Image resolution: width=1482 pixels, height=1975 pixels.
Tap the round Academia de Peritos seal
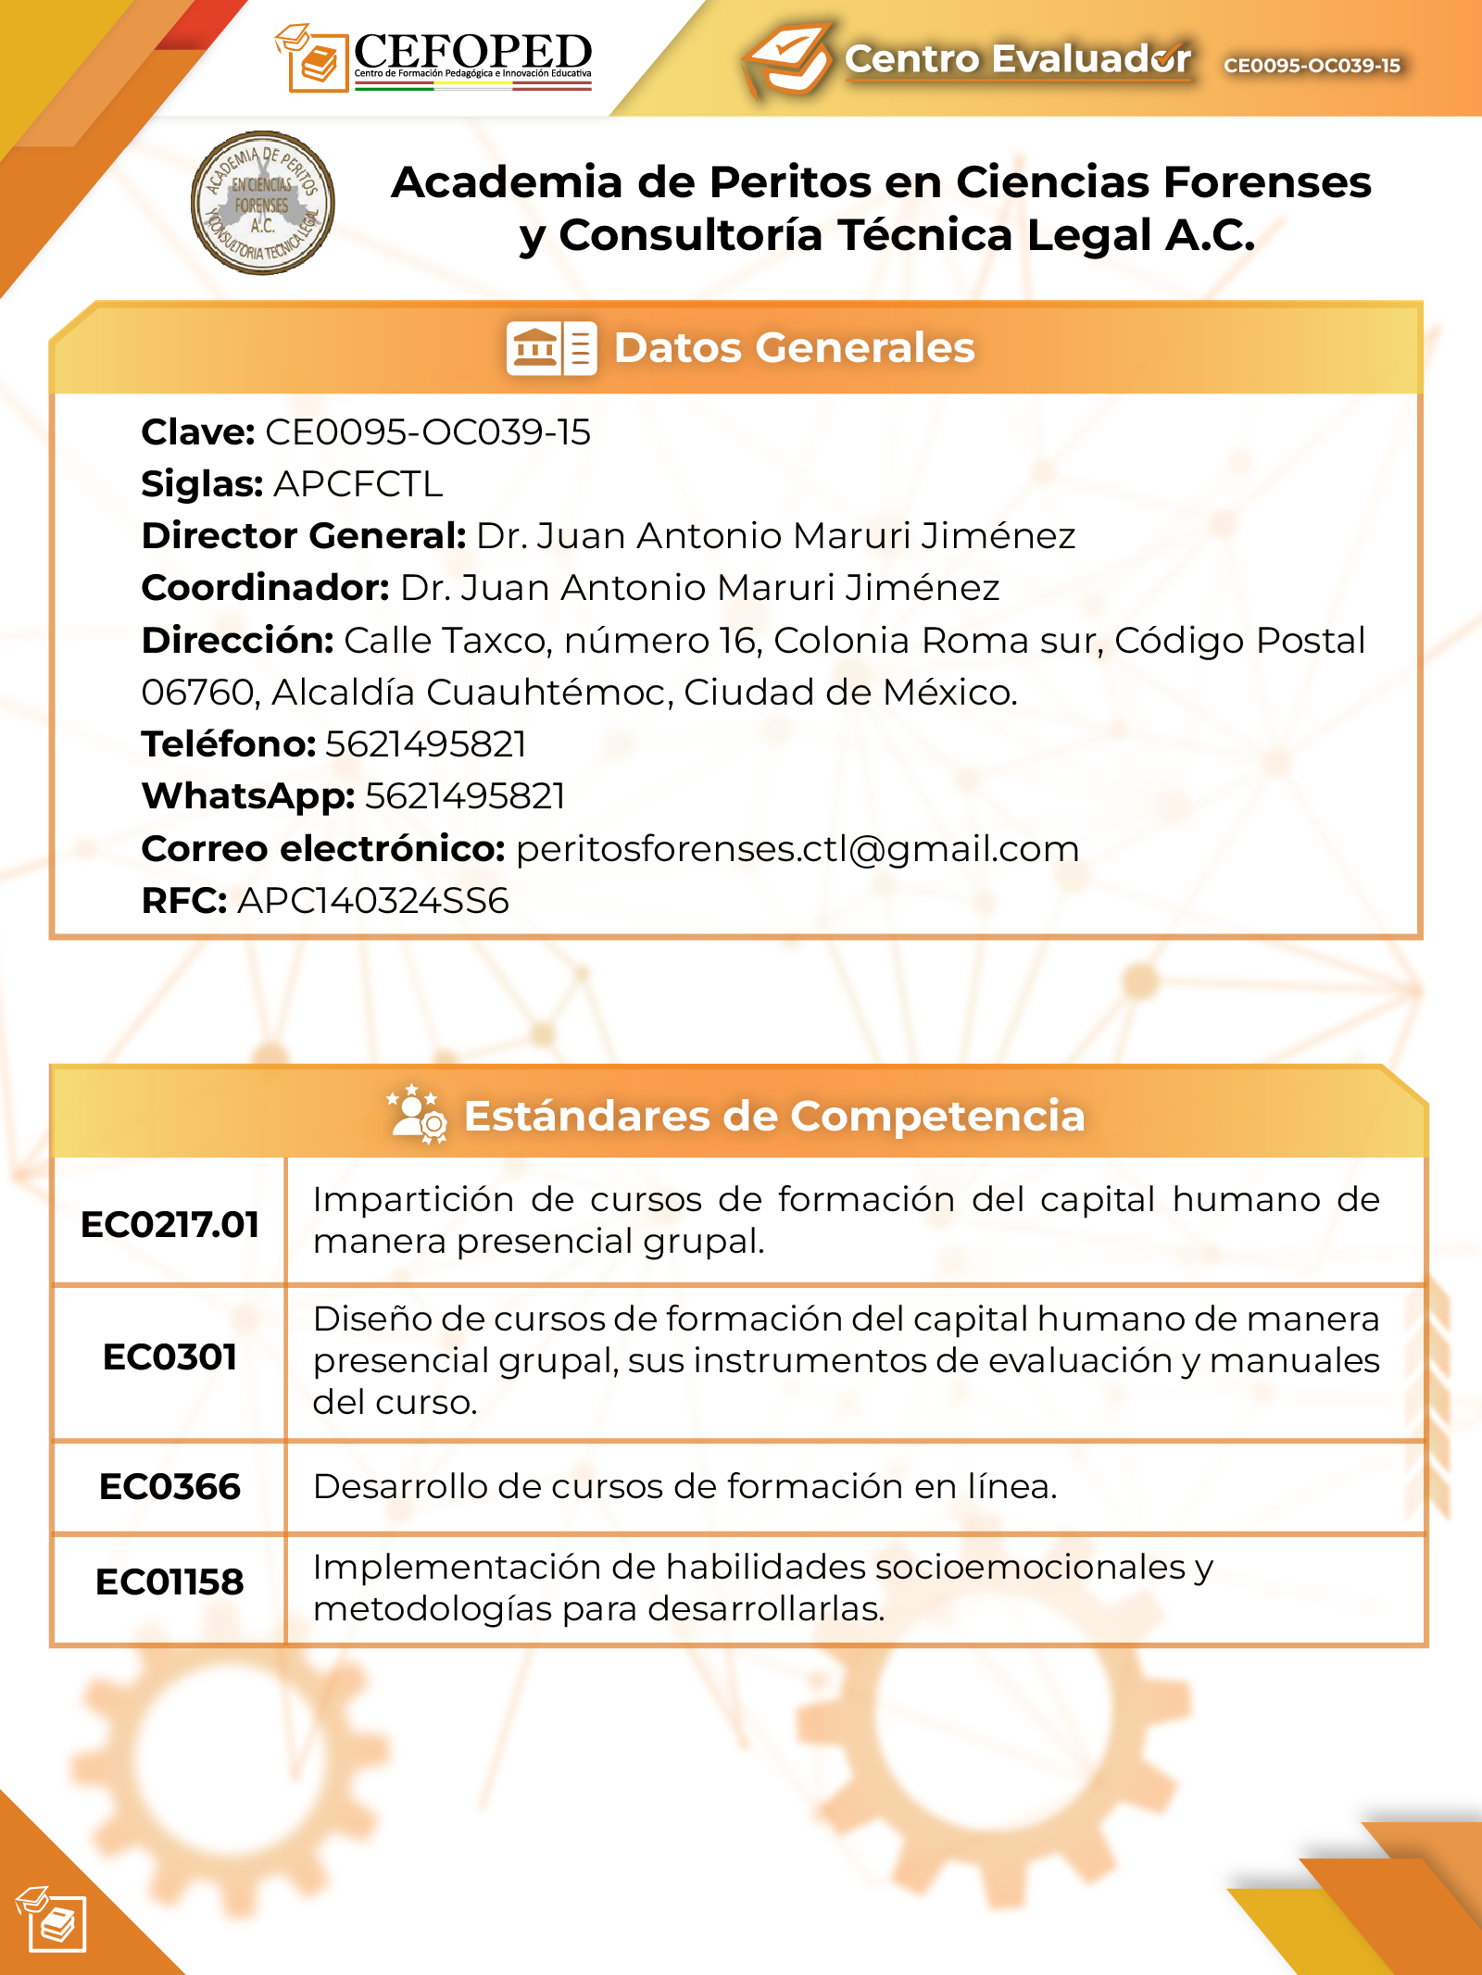(262, 203)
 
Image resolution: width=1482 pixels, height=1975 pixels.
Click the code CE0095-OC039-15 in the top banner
(1312, 66)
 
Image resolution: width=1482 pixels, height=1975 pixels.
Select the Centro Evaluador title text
(1017, 58)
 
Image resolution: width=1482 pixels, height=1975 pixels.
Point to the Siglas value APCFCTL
(358, 484)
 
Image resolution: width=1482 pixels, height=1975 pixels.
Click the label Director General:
(304, 536)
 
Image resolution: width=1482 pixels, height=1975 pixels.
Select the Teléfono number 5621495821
(426, 744)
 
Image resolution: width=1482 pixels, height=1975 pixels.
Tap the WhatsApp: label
(248, 796)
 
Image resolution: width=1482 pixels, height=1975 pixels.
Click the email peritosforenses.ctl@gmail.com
(798, 849)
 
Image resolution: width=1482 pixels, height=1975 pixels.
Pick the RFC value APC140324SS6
(373, 901)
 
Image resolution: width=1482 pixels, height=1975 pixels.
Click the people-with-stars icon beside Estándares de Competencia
(418, 1115)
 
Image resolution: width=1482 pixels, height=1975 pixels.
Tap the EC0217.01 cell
(170, 1224)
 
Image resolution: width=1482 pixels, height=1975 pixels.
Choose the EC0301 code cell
(170, 1357)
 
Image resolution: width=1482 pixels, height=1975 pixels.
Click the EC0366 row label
(170, 1487)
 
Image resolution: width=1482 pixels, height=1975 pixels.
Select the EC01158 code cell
(170, 1582)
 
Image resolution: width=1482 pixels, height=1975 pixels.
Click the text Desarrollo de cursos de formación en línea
(684, 1487)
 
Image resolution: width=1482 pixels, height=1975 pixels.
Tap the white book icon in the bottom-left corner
(54, 1919)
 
